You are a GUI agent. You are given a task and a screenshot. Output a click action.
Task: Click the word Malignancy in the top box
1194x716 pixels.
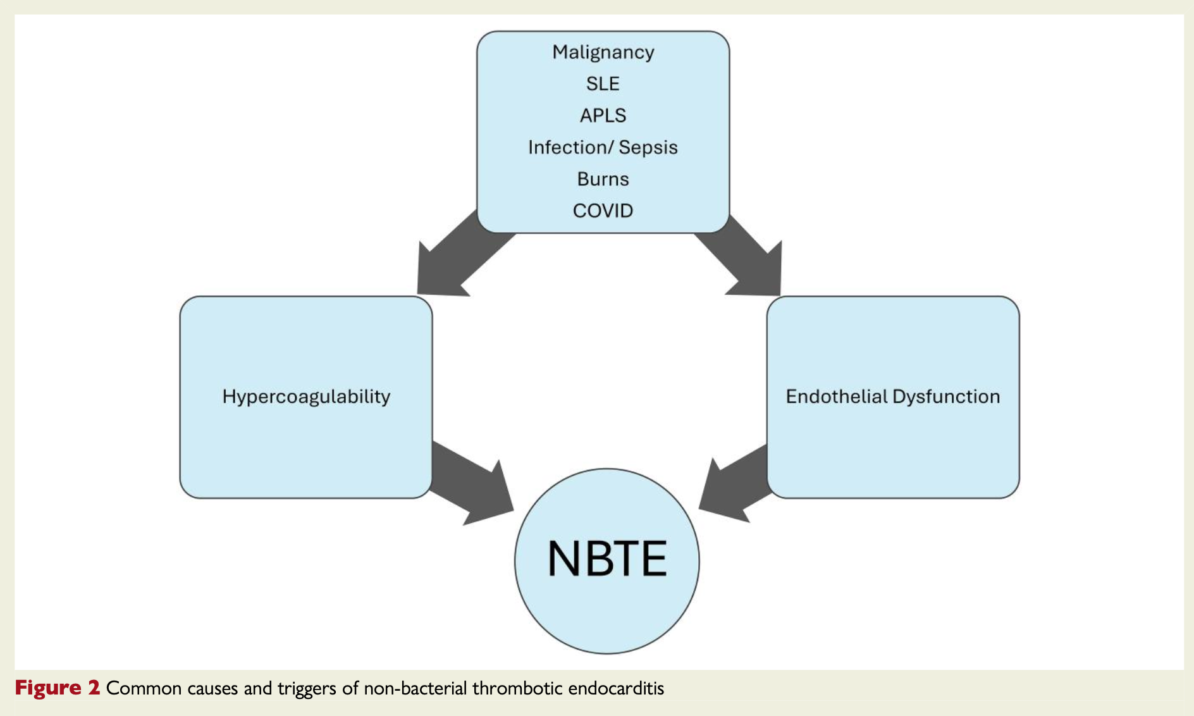point(603,52)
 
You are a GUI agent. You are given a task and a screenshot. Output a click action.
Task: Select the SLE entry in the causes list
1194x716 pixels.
point(603,83)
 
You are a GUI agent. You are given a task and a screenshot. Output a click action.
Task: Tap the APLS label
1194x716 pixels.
point(603,115)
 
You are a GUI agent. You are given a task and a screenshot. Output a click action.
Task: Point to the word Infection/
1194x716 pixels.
point(570,147)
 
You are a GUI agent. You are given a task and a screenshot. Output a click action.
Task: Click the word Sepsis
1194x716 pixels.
point(648,147)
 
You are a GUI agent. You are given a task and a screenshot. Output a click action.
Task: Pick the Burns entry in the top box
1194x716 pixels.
point(603,179)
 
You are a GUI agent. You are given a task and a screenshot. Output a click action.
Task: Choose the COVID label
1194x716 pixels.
point(603,211)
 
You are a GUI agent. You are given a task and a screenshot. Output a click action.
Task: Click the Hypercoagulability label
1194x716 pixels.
point(306,397)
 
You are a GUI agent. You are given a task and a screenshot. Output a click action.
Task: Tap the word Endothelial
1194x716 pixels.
point(837,397)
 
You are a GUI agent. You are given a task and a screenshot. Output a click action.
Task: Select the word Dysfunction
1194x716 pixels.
point(947,397)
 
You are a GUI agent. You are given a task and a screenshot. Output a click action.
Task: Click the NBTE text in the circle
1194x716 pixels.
point(606,559)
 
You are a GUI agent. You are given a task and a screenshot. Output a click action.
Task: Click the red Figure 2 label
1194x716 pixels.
point(58,688)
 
